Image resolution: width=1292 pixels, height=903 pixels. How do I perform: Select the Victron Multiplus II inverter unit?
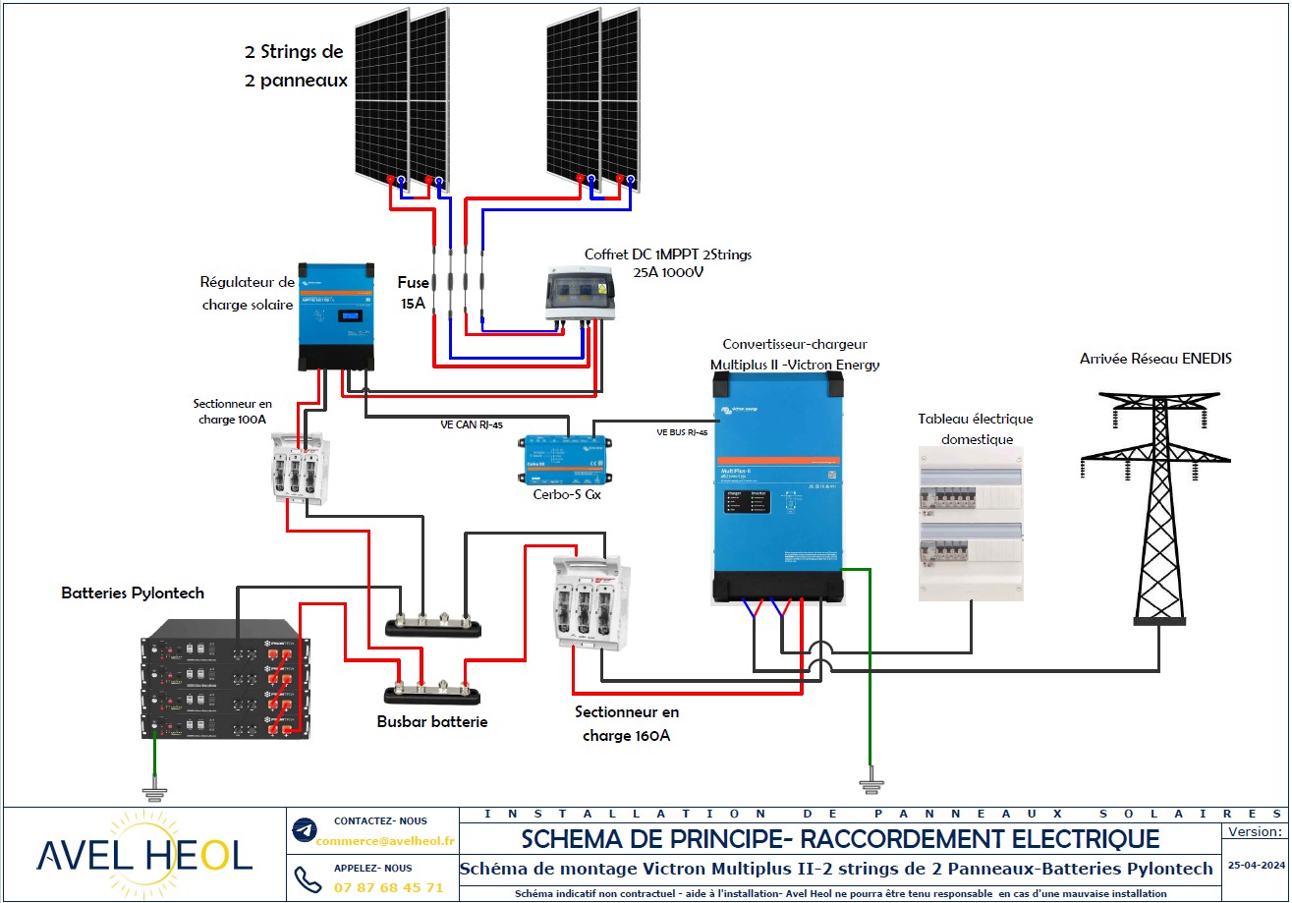pos(777,488)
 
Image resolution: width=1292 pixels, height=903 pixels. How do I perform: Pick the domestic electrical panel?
pos(971,523)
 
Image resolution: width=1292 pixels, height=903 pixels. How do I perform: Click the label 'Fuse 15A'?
pos(413,292)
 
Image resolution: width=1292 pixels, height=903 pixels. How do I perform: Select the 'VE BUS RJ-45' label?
pos(682,431)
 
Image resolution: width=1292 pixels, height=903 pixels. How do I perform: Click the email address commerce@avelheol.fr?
pos(387,840)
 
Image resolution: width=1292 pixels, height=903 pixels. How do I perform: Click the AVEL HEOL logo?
pos(144,854)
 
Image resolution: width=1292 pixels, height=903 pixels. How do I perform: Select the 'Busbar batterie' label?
pos(432,721)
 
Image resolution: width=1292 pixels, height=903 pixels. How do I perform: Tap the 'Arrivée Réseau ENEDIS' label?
pos(1155,360)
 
